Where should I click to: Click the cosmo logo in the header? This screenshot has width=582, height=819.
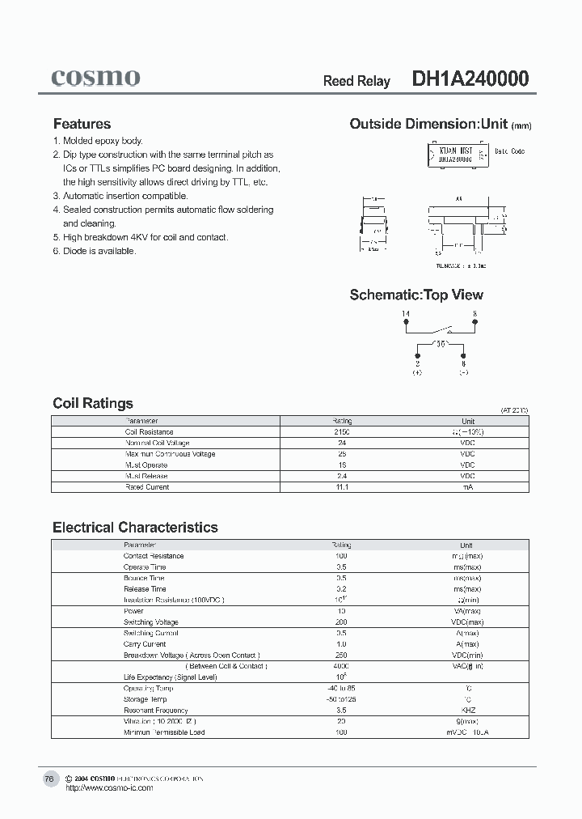coord(95,78)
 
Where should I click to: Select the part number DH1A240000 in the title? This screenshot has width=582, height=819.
coord(470,79)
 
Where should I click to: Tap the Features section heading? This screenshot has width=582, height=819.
coord(82,124)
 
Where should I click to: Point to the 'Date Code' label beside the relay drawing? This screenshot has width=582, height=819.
coord(509,151)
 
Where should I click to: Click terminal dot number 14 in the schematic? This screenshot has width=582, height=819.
coord(406,323)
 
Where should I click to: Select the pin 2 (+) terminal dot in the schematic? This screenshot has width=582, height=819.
coord(417,354)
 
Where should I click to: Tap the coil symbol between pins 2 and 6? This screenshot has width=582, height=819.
coord(441,344)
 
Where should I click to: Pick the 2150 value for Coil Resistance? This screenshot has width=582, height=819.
coord(342,432)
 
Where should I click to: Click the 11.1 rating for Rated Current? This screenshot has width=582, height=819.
coord(342,487)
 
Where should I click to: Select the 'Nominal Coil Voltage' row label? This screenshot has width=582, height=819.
coord(157,443)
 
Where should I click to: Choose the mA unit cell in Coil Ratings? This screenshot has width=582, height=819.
coord(467,487)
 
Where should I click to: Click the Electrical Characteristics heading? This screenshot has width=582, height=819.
coord(135,527)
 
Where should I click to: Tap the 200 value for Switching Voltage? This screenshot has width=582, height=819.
coord(341,622)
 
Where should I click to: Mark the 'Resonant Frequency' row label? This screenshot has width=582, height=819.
coord(155,711)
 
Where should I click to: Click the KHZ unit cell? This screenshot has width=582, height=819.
coord(467,711)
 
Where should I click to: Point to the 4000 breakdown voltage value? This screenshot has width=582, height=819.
coord(341,666)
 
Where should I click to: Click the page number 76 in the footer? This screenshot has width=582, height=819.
coord(49,779)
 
